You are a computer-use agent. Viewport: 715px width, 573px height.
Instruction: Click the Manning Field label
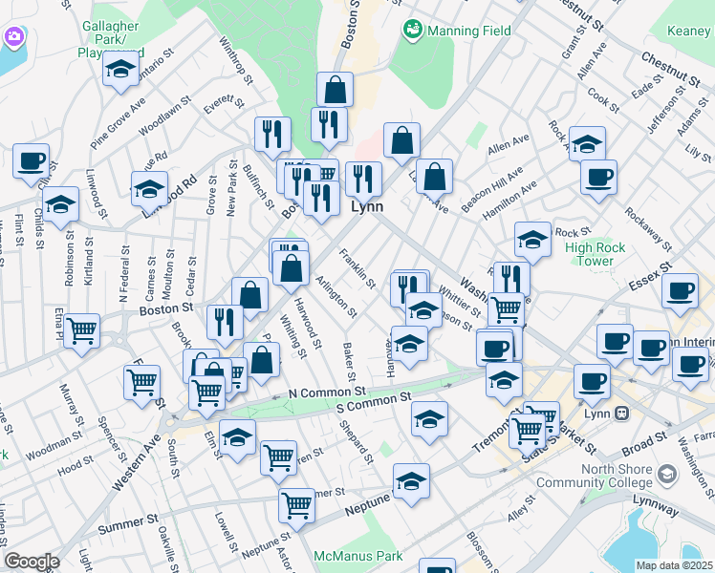468,31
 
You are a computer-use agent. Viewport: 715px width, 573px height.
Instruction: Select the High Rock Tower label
595,254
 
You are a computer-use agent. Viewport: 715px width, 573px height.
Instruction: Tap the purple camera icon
13,37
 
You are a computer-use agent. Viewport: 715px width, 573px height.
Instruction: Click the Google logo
32,562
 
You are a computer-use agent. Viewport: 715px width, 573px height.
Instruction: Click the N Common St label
328,392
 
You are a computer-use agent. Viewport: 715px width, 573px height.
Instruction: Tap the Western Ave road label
137,465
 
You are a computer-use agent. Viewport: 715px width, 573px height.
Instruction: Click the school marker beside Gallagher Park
121,69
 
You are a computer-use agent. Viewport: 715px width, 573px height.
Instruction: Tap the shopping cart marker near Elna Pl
82,330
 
